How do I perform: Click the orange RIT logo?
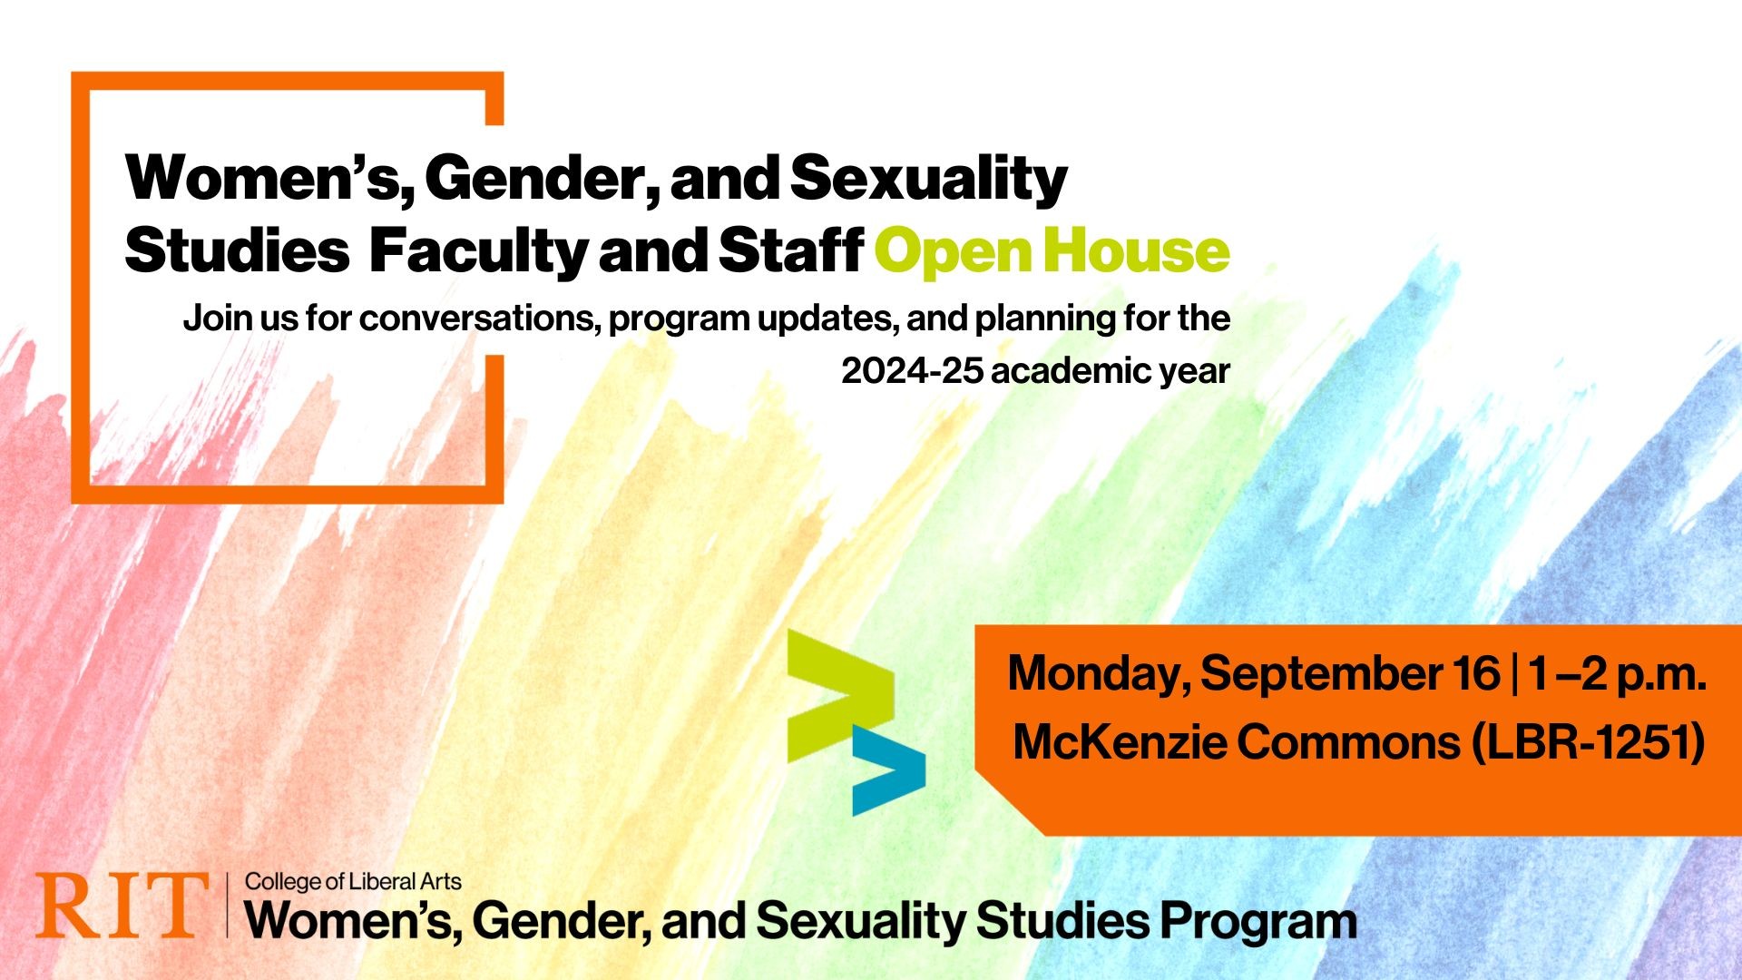tap(122, 906)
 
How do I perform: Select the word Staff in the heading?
tap(790, 250)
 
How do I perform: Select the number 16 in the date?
tap(1476, 673)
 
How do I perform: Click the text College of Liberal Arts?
tap(353, 882)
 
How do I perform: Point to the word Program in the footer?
tap(1258, 923)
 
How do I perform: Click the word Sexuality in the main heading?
tap(929, 179)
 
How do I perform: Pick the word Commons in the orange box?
tap(1348, 742)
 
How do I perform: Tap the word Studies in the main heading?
tap(237, 250)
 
